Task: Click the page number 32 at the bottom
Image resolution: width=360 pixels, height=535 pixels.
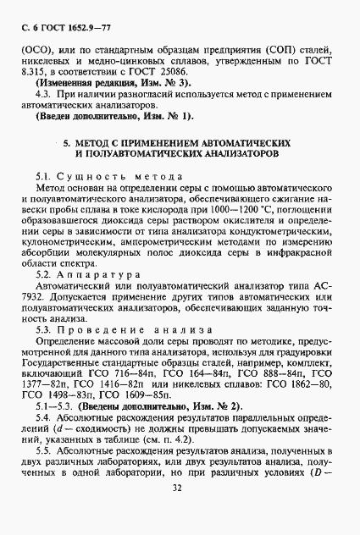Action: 178,510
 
